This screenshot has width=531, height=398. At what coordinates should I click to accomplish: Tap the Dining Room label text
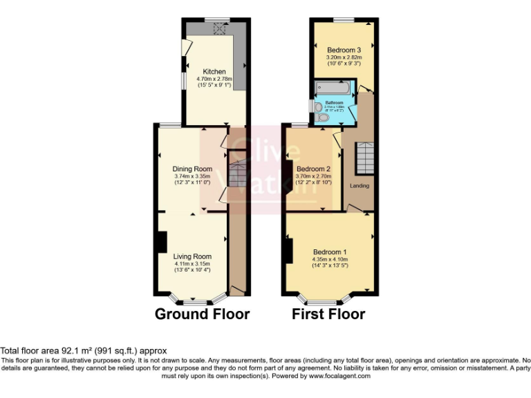pyautogui.click(x=192, y=169)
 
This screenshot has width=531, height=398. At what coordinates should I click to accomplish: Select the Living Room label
pyautogui.click(x=192, y=256)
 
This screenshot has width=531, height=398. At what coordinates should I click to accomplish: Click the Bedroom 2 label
pyautogui.click(x=313, y=169)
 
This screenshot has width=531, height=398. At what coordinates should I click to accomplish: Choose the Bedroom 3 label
pyautogui.click(x=344, y=50)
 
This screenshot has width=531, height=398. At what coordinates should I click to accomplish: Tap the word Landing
pyautogui.click(x=360, y=186)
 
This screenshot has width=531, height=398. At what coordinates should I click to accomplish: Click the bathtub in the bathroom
pyautogui.click(x=333, y=88)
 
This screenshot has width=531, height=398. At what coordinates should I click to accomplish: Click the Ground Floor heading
pyautogui.click(x=202, y=314)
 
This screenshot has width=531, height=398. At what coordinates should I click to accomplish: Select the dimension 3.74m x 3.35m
pyautogui.click(x=192, y=176)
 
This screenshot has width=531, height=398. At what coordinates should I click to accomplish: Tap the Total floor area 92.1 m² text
pyautogui.click(x=84, y=351)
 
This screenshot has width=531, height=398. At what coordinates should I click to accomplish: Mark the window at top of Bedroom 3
pyautogui.click(x=344, y=21)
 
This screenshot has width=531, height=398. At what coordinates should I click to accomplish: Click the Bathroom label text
pyautogui.click(x=334, y=103)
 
